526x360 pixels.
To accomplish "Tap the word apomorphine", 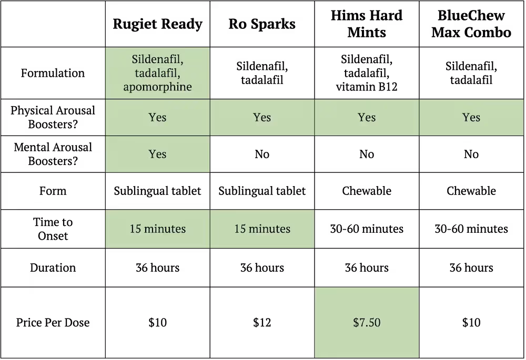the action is [157, 87].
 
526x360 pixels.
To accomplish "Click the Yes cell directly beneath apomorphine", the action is [157, 117].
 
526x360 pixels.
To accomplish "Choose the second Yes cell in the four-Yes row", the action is [262, 117].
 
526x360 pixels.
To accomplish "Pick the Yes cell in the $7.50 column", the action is [367, 117].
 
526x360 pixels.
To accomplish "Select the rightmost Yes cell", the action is [471, 117].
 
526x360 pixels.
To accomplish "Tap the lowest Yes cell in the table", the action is [157, 154].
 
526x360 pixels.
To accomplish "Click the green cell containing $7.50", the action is [367, 322].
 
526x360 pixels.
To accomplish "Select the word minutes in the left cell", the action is [165, 229].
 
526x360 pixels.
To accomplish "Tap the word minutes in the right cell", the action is [269, 229].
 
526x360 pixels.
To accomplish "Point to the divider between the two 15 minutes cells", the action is [210, 229].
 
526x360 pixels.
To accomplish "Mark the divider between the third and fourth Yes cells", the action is [419, 117].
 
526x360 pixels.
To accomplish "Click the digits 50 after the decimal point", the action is [374, 323].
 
